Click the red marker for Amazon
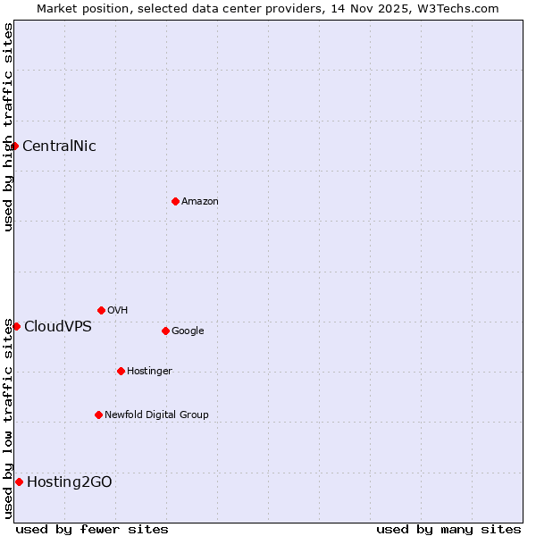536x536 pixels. pyautogui.click(x=175, y=201)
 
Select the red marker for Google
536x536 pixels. pyautogui.click(x=165, y=331)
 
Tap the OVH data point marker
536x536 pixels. pyautogui.click(x=101, y=310)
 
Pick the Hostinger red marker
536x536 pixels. pyautogui.click(x=121, y=371)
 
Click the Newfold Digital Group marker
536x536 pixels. pyautogui.click(x=98, y=415)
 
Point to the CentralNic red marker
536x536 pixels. pyautogui.click(x=15, y=146)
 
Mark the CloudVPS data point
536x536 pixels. pyautogui.click(x=16, y=326)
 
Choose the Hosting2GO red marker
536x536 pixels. pyautogui.click(x=19, y=482)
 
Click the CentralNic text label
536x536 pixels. pyautogui.click(x=59, y=147)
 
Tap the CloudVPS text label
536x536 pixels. pyautogui.click(x=58, y=327)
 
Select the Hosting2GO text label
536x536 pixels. pyautogui.click(x=70, y=482)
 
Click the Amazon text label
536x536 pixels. pyautogui.click(x=200, y=202)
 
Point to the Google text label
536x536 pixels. pyautogui.click(x=188, y=331)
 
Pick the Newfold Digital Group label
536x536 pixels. pyautogui.click(x=156, y=415)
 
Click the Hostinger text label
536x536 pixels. pyautogui.click(x=149, y=372)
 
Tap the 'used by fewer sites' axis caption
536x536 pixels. pyautogui.click(x=92, y=529)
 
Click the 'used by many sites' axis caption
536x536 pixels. pyautogui.click(x=448, y=529)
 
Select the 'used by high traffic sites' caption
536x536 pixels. pyautogui.click(x=8, y=127)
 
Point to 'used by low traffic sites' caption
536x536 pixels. pyautogui.click(x=8, y=418)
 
